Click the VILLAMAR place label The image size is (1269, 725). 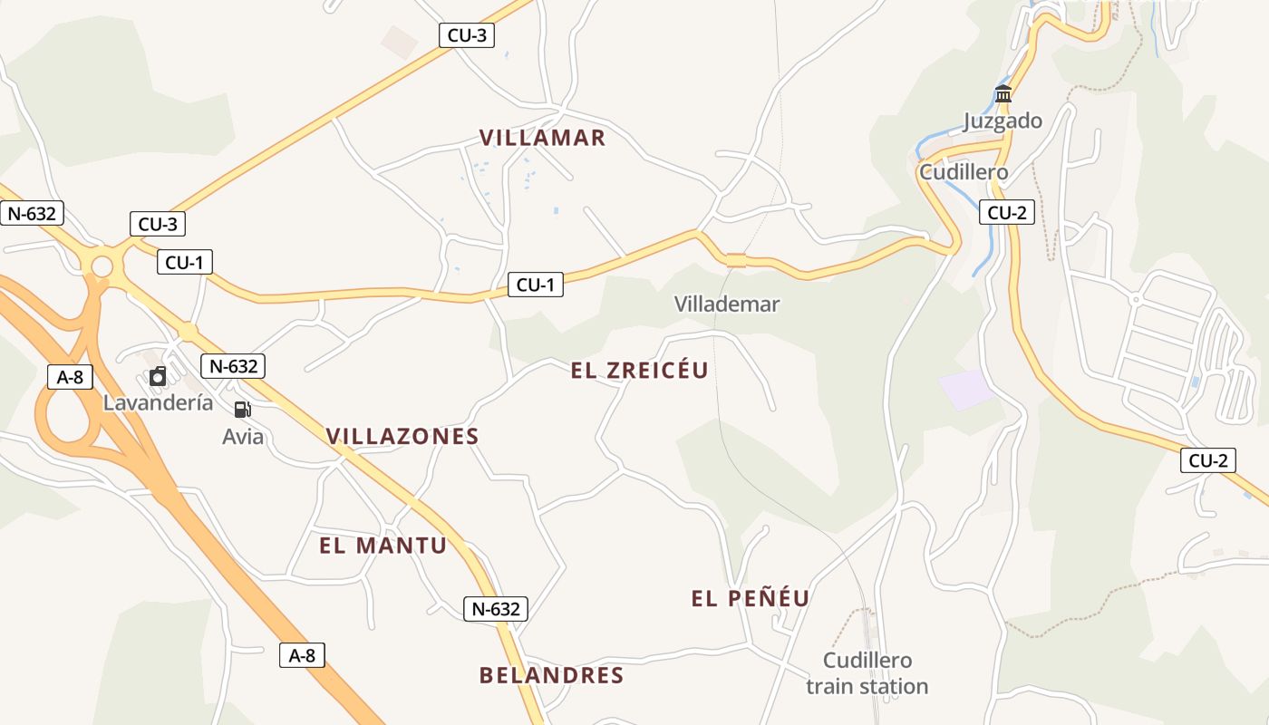click(x=542, y=138)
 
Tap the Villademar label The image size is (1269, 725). click(x=726, y=304)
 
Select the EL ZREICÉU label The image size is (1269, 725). click(x=639, y=370)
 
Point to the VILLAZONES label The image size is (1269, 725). click(x=402, y=436)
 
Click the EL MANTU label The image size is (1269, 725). click(x=383, y=546)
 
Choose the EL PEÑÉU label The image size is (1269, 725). click(x=750, y=598)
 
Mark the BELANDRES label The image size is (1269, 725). click(x=551, y=675)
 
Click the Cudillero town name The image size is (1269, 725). click(x=963, y=172)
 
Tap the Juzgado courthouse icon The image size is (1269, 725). click(x=1003, y=94)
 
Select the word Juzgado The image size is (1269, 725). click(x=1003, y=121)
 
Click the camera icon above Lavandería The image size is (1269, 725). click(x=158, y=376)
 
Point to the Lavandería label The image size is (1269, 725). click(x=158, y=403)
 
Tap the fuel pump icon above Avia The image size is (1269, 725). click(x=242, y=410)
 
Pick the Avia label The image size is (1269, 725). click(x=243, y=437)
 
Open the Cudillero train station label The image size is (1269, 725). click(x=867, y=673)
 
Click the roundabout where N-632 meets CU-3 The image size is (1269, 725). click(x=102, y=266)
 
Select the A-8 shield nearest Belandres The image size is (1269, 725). click(x=302, y=655)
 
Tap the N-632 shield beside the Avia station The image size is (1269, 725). click(x=234, y=366)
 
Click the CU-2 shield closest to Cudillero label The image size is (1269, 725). click(x=1007, y=213)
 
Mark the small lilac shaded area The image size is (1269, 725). click(x=966, y=389)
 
